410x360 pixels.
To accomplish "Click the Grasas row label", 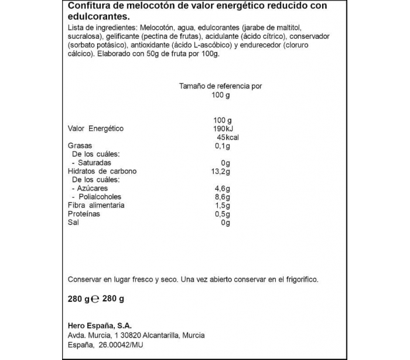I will pyautogui.click(x=80, y=146).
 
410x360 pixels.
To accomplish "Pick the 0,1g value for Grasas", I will pyautogui.click(x=221, y=146).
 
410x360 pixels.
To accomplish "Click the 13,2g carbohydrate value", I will pyautogui.click(x=220, y=171).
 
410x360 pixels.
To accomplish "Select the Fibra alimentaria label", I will pyautogui.click(x=96, y=206).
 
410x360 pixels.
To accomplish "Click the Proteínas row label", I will pyautogui.click(x=84, y=214).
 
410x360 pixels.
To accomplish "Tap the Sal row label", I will pyautogui.click(x=73, y=223).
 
